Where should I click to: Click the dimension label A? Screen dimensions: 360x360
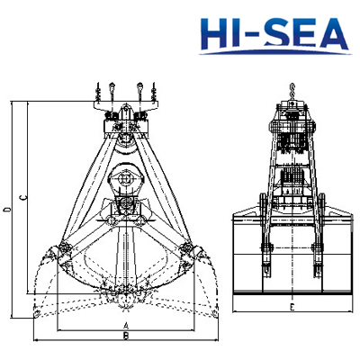126,326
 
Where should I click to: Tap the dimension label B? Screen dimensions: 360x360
126,336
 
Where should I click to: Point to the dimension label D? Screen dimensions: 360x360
8,210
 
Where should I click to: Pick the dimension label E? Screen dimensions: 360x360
292,307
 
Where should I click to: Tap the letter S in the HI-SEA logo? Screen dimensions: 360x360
279,33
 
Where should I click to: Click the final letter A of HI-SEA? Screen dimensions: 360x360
332,33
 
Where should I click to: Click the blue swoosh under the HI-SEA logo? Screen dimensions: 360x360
275,53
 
